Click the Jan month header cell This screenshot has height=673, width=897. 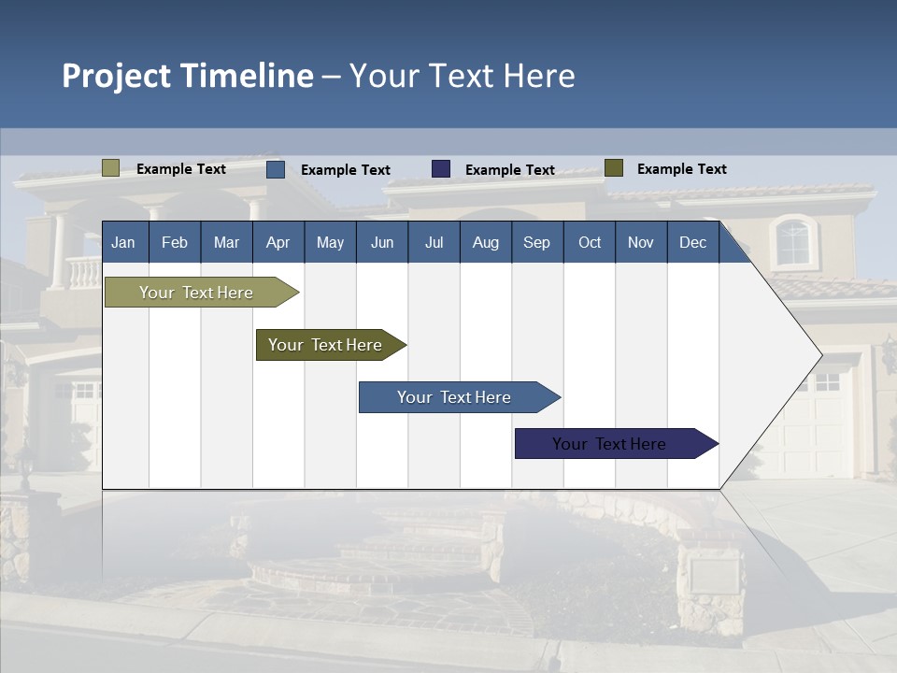pos(124,242)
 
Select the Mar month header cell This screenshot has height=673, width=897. pos(226,242)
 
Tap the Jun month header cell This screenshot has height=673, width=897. pos(382,242)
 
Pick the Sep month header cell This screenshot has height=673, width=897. pos(536,242)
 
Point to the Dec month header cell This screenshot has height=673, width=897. pos(692,242)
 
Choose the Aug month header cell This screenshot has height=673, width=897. pos(485,242)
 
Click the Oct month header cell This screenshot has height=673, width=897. pos(590,242)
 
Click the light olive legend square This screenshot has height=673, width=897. pos(110,168)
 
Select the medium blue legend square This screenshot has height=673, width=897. pos(276,169)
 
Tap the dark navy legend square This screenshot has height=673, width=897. pos(441,169)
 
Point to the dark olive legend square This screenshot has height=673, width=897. pos(614,168)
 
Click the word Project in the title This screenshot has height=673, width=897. pos(118,76)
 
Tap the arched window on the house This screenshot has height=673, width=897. pos(793,241)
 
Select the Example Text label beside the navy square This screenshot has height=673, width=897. pos(509,170)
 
